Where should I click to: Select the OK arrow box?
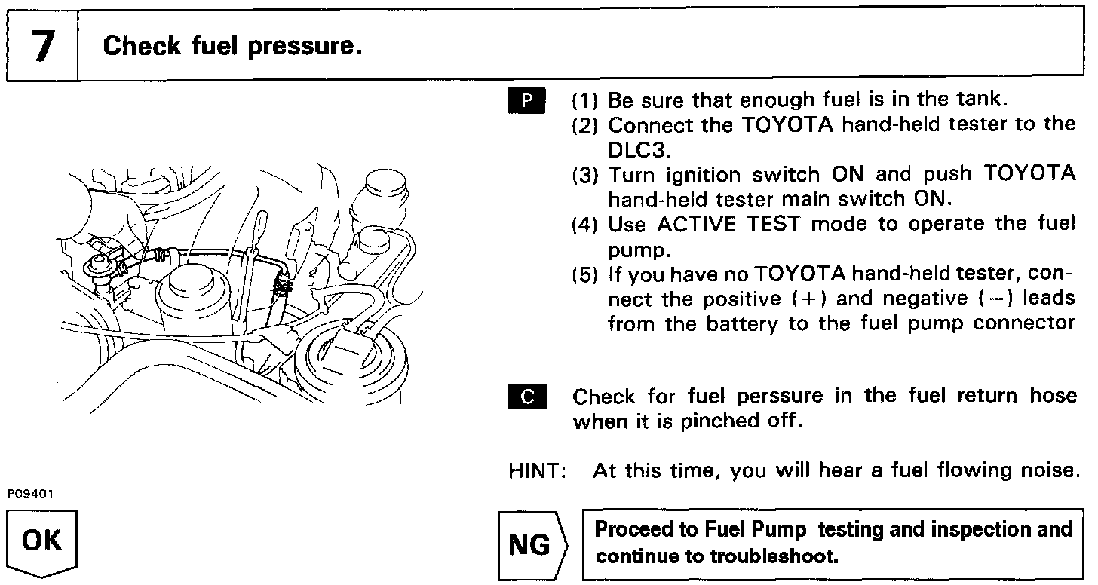click(x=42, y=544)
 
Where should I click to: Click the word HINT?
click(x=538, y=471)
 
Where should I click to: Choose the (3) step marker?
click(x=585, y=175)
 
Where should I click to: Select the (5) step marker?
click(x=585, y=274)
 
